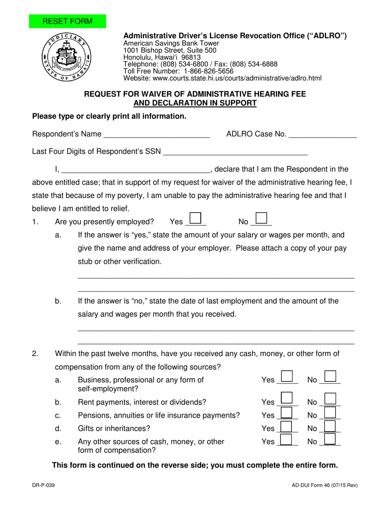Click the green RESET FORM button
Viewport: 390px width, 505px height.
pos(67,21)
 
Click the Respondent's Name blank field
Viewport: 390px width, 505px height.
pos(157,134)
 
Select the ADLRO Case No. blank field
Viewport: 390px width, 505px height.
pos(323,134)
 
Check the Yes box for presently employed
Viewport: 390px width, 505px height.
pos(196,218)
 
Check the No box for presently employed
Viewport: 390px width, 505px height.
pos(262,218)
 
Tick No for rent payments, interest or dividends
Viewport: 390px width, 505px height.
pos(330,399)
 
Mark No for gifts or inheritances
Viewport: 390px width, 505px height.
pos(330,426)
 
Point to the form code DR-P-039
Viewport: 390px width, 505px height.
pos(44,485)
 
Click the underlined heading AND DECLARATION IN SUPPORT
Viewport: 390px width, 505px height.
pos(195,103)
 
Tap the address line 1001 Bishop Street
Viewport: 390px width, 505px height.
pos(170,50)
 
